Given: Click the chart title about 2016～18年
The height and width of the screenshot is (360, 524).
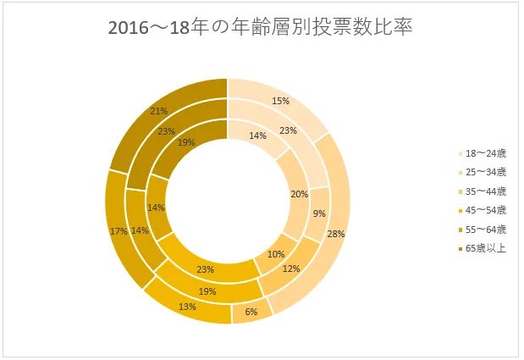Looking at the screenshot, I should (261, 27).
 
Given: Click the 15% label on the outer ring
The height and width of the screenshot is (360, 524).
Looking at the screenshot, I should (280, 101).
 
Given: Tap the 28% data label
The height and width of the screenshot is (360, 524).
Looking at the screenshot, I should (336, 233).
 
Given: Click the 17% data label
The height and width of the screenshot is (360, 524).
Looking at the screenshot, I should (118, 230).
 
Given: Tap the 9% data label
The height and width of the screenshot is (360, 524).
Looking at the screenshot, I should (318, 214).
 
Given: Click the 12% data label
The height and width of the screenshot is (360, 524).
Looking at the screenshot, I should (290, 269).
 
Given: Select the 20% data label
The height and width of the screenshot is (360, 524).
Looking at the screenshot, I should (299, 194).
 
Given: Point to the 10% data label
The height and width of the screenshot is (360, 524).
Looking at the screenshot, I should (276, 254).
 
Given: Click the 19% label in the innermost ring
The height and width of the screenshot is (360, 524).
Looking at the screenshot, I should (186, 143).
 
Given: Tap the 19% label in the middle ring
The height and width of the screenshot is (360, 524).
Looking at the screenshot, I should (207, 291).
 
